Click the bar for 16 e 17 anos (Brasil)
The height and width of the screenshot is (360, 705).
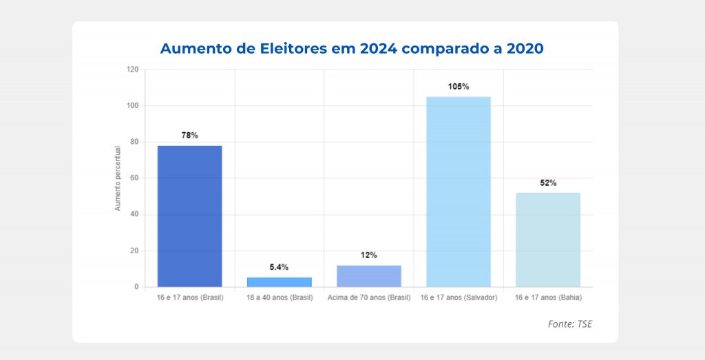[189, 216]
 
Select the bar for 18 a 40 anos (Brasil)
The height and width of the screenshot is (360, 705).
[279, 282]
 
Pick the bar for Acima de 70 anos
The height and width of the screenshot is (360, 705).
[368, 275]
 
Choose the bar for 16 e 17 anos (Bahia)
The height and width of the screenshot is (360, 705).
[548, 240]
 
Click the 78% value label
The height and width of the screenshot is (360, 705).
[189, 136]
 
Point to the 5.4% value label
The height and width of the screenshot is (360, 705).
[279, 267]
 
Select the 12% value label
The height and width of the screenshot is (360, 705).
[368, 255]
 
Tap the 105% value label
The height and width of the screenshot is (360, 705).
[458, 87]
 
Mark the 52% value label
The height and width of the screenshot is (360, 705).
[548, 183]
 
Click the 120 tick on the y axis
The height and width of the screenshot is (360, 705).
[133, 70]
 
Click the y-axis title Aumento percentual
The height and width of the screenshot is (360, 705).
[118, 178]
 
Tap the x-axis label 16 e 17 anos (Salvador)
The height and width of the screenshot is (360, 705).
[458, 297]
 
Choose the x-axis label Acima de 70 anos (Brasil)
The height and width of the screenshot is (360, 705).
[368, 297]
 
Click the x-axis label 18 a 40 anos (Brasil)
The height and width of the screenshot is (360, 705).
[279, 297]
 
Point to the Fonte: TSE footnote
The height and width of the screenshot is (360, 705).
[570, 324]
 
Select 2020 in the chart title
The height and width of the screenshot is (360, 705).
[522, 49]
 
